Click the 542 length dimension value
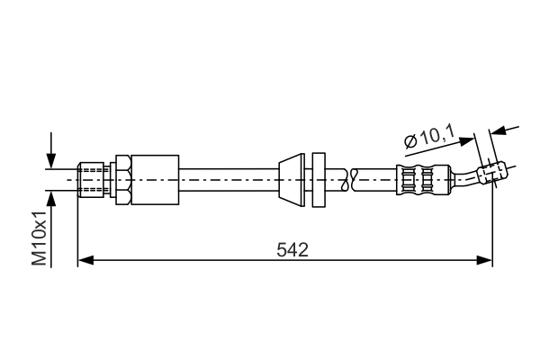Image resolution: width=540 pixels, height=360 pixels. [x=292, y=250]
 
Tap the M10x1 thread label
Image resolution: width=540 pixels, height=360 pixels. [x=40, y=238]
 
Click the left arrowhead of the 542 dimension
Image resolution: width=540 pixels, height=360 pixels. [x=85, y=260]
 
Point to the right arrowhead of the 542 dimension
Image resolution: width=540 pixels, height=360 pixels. [x=484, y=260]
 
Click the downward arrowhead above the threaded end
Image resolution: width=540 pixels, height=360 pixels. [x=51, y=161]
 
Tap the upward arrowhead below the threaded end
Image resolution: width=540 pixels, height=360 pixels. [x=51, y=199]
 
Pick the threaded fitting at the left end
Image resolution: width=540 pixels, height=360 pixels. [x=91, y=179]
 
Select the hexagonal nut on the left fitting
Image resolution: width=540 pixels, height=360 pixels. [x=123, y=179]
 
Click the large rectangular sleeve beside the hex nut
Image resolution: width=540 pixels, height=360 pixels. [x=155, y=179]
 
